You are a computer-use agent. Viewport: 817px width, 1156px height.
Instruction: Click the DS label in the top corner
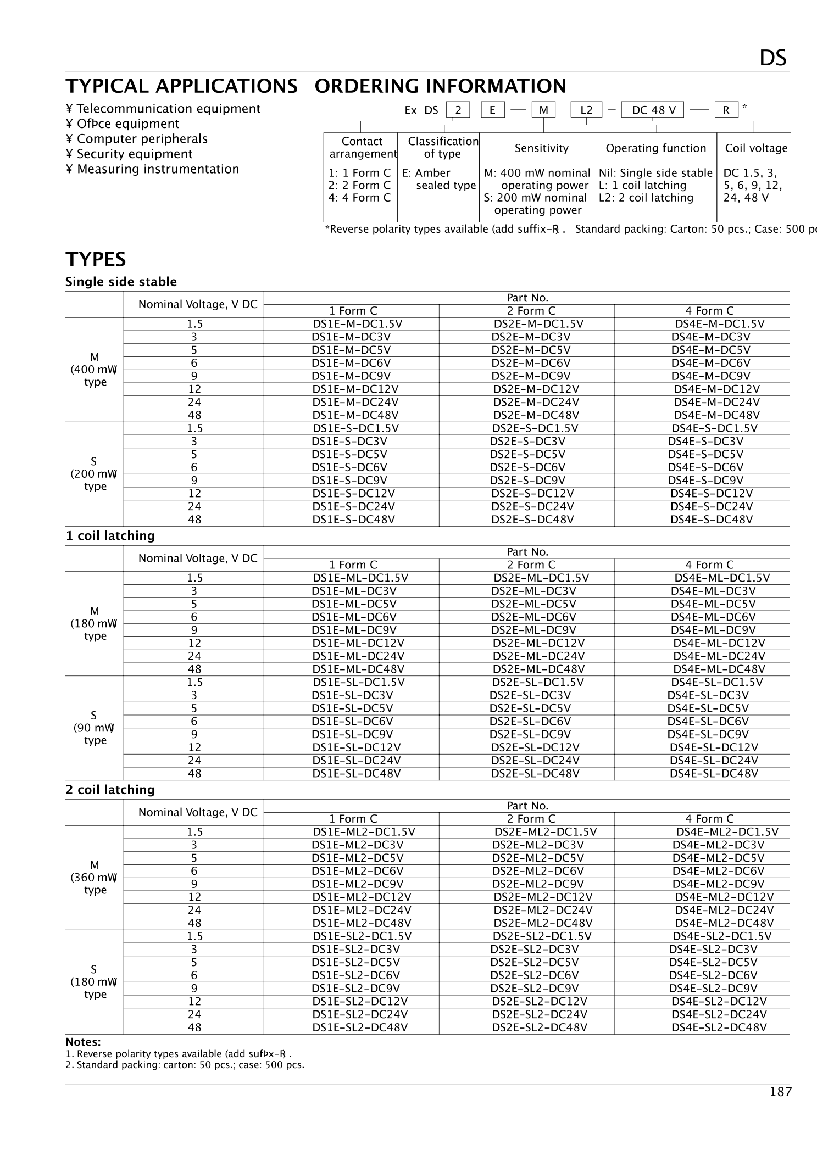tap(772, 58)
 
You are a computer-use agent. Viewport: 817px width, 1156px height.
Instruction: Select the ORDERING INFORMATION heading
tap(440, 86)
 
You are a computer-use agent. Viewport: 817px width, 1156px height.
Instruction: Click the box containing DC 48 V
tap(653, 110)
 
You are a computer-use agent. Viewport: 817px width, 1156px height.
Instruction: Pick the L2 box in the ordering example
tap(586, 110)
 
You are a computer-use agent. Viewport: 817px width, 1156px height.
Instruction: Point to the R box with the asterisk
tap(726, 110)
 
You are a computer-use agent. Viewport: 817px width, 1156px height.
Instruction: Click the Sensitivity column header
tap(541, 148)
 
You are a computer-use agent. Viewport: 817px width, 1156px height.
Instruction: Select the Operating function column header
tap(655, 148)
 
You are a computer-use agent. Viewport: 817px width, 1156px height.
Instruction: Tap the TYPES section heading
tap(96, 259)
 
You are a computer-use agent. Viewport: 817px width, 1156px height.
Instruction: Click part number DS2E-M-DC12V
tap(536, 389)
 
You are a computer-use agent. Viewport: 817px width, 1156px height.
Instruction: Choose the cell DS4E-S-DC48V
tap(711, 520)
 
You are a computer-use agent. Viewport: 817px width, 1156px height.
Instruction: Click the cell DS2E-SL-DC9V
tap(530, 734)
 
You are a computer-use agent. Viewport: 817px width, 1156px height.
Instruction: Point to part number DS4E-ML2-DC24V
tap(724, 910)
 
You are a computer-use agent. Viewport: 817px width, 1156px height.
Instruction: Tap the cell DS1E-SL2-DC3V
tap(355, 949)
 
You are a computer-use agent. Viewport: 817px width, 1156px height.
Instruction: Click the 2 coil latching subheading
tap(110, 790)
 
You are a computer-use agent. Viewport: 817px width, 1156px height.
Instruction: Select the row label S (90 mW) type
tap(95, 728)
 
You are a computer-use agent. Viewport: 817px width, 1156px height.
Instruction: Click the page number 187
tap(780, 1092)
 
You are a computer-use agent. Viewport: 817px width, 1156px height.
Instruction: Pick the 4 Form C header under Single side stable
tap(709, 311)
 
